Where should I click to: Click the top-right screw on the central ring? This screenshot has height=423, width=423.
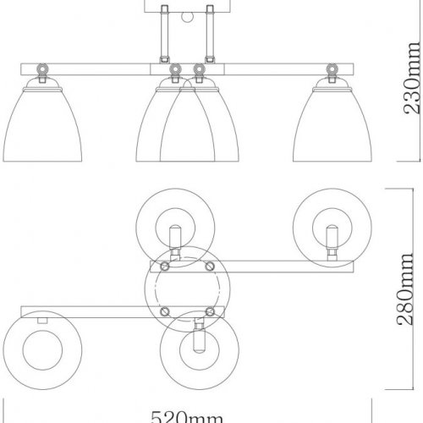[x=208, y=266]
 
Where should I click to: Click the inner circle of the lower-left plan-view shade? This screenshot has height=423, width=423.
[x=39, y=349]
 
